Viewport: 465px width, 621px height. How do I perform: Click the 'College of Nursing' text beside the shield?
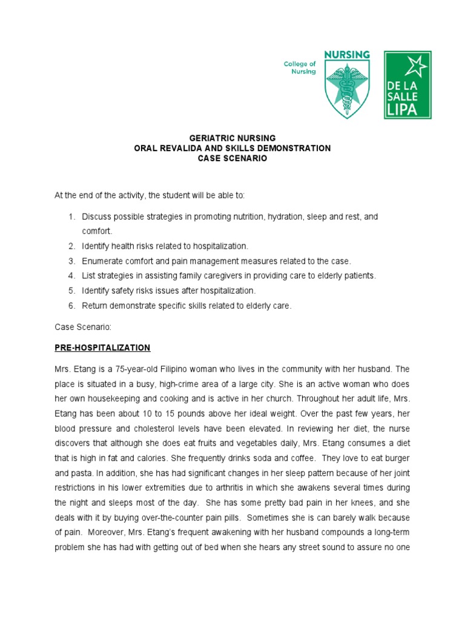pos(300,67)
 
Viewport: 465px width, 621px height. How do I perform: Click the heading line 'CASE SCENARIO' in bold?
pos(232,159)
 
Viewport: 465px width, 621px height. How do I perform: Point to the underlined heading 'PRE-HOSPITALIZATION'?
pos(102,347)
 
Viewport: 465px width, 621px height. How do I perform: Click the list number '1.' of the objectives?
pos(71,217)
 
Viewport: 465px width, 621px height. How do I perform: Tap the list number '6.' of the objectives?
pos(71,306)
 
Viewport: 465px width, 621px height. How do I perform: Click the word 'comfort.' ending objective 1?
pos(97,231)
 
